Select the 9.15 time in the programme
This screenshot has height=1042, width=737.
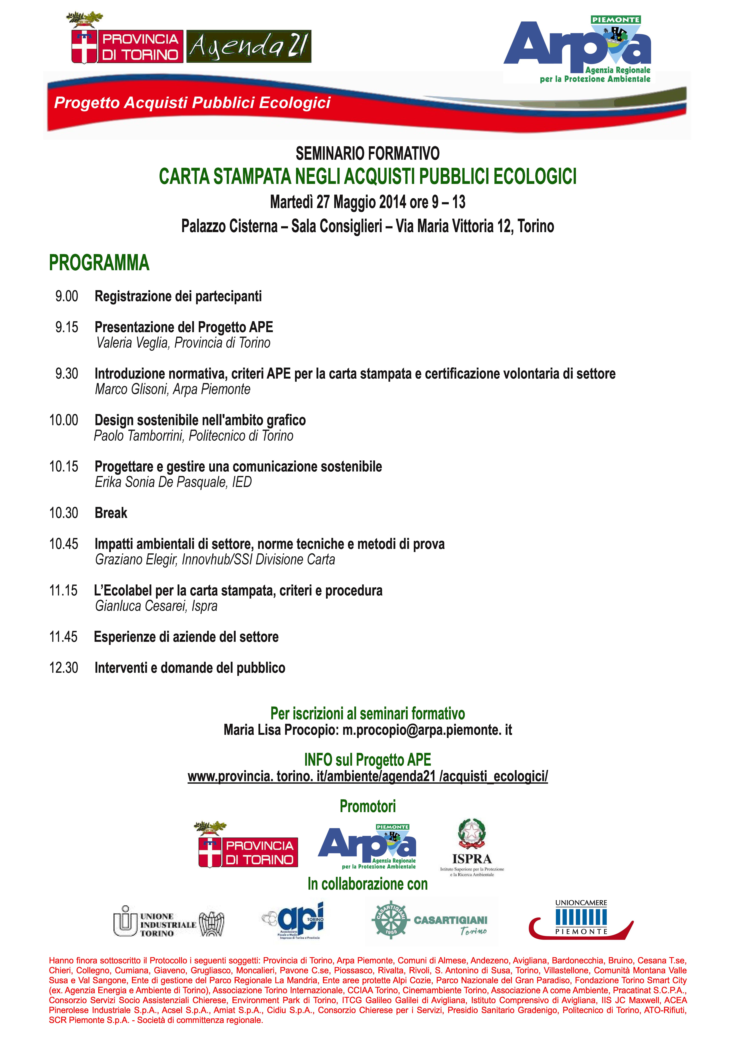(x=67, y=327)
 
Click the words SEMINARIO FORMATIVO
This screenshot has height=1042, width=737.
(x=368, y=154)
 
